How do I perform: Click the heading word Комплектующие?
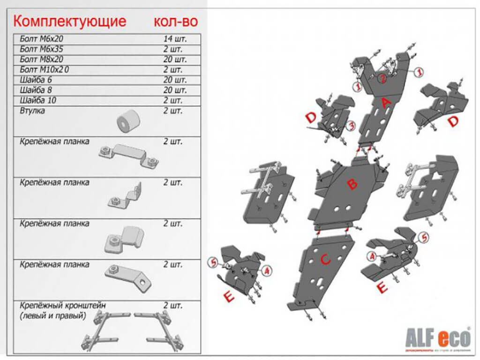point(69,21)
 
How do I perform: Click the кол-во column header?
point(176,21)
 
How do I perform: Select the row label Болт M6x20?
point(42,38)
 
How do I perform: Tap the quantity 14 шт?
point(174,38)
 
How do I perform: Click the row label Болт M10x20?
point(45,69)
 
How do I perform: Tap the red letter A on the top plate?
point(387,105)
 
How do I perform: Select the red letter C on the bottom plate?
point(325,258)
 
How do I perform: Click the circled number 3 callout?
point(350,126)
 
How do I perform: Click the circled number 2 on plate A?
point(382,79)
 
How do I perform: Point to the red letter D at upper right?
point(453,122)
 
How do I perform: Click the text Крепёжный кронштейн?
point(63,305)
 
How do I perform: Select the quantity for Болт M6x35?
point(172,49)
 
